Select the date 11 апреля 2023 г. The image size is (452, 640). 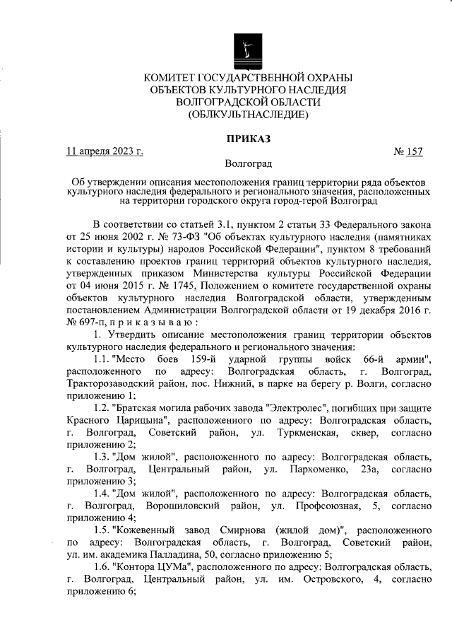[105, 151]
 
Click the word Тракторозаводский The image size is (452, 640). [112, 387]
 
